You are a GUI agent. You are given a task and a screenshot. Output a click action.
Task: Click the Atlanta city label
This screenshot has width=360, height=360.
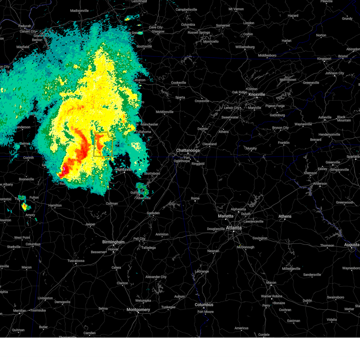point(233,228)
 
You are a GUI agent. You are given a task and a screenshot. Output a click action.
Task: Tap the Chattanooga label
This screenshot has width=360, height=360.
point(188,150)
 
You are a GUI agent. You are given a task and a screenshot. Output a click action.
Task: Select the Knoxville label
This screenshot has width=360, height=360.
point(257,94)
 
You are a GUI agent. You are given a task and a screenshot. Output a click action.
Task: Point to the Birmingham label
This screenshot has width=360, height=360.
point(113,242)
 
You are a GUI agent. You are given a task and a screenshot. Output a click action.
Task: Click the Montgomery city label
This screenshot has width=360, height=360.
point(138,310)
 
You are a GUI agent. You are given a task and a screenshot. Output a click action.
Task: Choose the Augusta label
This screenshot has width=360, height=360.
point(352,245)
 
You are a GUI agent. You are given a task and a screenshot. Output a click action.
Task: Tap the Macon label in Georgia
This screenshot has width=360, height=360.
point(271,283)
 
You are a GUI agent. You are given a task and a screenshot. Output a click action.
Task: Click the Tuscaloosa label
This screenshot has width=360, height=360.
point(76,261)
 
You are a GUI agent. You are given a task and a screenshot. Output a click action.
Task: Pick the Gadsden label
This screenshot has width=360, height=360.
point(153,213)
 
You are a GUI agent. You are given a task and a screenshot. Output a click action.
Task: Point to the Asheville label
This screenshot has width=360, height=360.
point(325,117)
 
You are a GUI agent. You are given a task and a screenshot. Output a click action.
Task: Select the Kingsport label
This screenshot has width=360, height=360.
point(324,59)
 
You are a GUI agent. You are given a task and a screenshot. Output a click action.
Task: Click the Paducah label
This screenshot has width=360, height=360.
point(25,26)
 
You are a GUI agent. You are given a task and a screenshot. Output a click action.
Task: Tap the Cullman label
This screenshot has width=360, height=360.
point(112,203)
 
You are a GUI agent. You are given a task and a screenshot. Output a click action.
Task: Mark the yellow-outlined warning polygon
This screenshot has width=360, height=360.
point(103,144)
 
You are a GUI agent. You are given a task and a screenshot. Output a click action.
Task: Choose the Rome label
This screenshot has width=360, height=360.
point(195,198)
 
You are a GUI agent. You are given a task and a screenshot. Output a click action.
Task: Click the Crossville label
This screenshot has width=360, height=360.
point(202,101)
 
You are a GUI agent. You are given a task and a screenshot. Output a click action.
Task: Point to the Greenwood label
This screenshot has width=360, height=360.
point(344,202)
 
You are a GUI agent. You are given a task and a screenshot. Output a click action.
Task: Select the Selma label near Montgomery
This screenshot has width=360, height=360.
point(103,308)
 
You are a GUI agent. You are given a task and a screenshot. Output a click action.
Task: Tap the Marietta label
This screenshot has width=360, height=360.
point(226,216)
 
